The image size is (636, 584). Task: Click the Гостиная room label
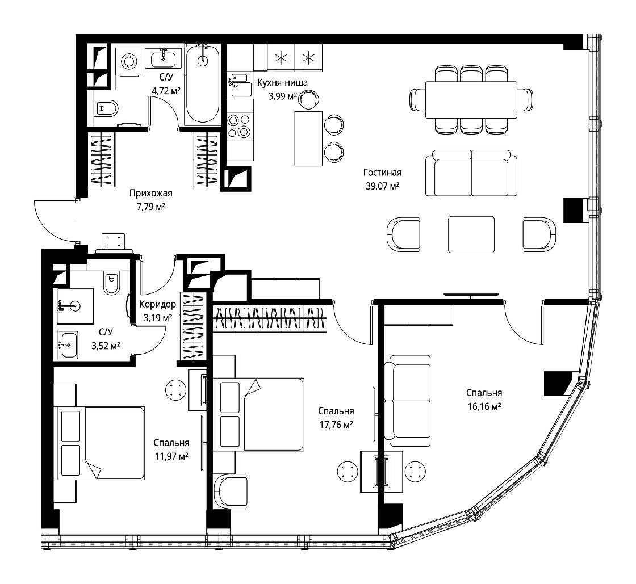pos(382,173)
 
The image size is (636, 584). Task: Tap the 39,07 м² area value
pos(383,186)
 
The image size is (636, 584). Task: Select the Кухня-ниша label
pos(282,83)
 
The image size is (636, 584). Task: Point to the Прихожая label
pos(151,194)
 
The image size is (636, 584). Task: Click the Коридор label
pos(158,304)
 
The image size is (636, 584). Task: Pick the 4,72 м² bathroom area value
pos(166,91)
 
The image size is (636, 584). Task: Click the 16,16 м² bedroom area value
pos(484,406)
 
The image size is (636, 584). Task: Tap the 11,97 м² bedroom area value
pos(171,457)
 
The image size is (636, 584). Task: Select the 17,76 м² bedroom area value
pos(336,425)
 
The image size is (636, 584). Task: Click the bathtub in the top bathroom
pos(202,84)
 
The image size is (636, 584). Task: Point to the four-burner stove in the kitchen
pos(240,125)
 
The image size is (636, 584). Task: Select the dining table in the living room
pos(471,100)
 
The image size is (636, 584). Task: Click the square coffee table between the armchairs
pos(471,234)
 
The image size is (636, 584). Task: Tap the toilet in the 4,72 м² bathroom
pos(106,108)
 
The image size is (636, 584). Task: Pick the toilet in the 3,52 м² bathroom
pos(111,282)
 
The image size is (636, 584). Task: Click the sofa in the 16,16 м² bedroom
pos(407,401)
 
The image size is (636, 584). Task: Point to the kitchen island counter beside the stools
pos(309,138)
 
